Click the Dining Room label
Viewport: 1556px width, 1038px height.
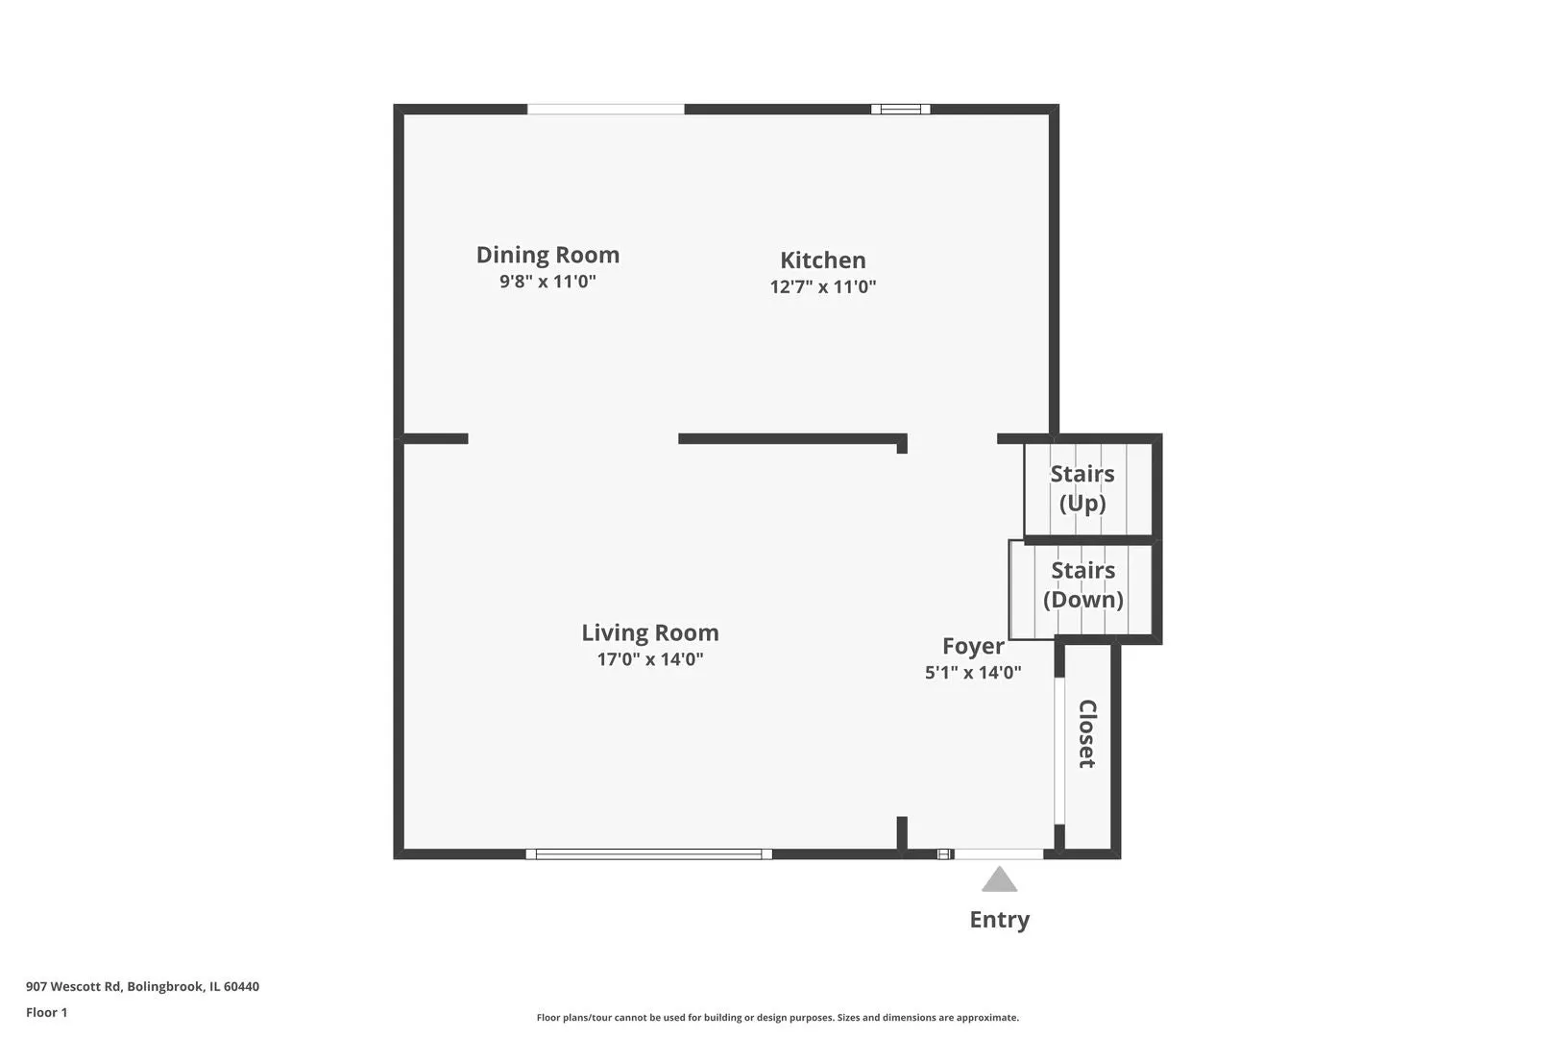pos(547,255)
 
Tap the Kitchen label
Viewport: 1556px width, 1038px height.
pos(822,260)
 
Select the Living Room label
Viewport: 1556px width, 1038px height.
pos(650,632)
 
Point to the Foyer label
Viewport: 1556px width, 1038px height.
pos(973,646)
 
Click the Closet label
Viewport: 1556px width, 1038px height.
pos(1087,733)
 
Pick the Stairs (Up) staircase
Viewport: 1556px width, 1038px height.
pos(1088,489)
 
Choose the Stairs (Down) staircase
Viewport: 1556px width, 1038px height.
pos(1081,589)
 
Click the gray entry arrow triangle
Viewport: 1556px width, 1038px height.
pos(999,879)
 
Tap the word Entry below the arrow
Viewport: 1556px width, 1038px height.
pos(1000,919)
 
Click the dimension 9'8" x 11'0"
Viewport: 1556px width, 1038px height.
pos(547,282)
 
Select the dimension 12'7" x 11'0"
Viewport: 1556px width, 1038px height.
pos(822,286)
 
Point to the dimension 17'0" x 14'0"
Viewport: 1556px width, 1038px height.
pos(650,659)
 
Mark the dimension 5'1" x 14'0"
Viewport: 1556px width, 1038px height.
pos(973,673)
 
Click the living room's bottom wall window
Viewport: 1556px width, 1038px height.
pos(648,854)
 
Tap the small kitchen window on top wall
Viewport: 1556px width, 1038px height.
pos(901,110)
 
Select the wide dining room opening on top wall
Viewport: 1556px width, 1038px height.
pos(606,110)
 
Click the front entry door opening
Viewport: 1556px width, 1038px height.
pos(999,854)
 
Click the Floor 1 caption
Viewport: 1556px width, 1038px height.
pos(46,1012)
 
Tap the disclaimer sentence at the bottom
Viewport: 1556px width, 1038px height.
pos(777,1018)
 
